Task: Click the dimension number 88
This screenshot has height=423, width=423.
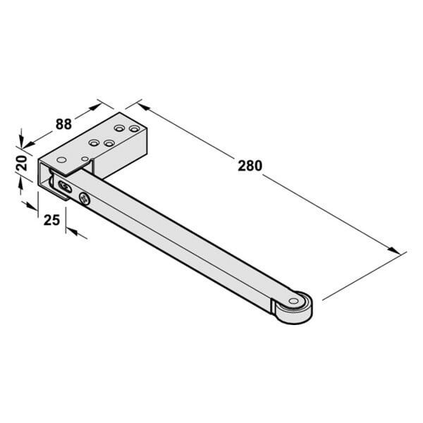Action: [63, 124]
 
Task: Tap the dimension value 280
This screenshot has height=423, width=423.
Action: [250, 166]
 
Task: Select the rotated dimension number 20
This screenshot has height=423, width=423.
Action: [22, 163]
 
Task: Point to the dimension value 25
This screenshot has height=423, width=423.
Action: [51, 220]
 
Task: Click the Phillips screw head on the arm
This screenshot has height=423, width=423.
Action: [85, 199]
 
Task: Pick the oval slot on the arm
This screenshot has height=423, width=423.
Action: [65, 187]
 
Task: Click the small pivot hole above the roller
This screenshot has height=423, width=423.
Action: [293, 301]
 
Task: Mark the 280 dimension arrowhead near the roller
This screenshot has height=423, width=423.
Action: [394, 250]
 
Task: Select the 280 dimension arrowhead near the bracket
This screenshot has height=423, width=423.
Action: [144, 106]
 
